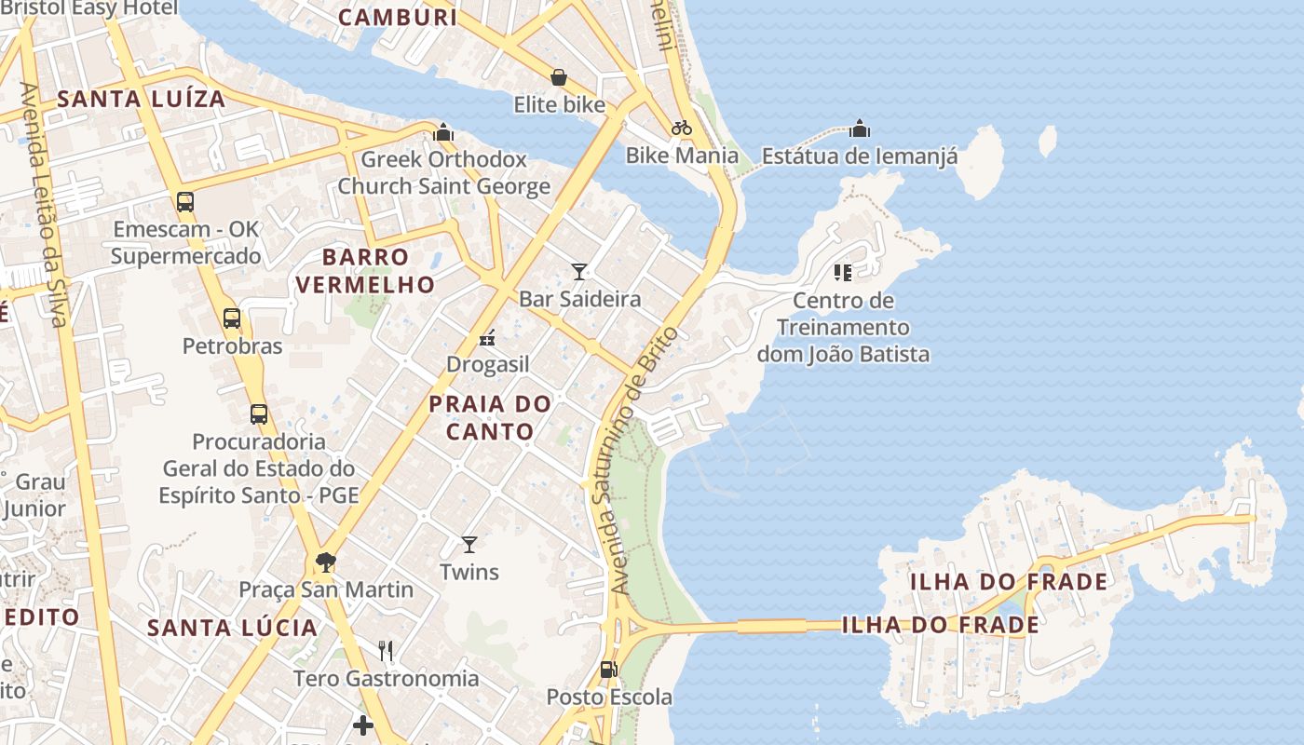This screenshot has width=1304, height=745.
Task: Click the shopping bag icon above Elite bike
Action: coord(559,77)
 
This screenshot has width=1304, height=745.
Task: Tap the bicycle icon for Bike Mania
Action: coord(682,128)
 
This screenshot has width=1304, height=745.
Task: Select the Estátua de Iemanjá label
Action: coord(859,156)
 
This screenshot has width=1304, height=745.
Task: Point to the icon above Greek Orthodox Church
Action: coord(443,132)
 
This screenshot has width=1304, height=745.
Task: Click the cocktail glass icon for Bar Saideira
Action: coord(579,272)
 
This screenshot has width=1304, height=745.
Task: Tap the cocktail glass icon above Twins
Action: coord(469,544)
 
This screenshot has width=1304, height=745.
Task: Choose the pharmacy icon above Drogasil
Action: coord(486,337)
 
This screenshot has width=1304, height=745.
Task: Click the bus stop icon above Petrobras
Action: coord(232,318)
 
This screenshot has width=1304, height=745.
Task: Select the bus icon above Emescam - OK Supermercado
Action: coord(185,201)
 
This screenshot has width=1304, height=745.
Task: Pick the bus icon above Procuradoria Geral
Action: coord(259,413)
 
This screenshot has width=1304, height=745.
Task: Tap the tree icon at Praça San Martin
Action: coord(325,562)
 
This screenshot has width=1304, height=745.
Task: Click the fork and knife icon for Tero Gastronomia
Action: coord(386,650)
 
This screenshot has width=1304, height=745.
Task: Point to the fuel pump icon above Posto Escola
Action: coord(608,669)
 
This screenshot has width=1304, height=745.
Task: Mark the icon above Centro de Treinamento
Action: coord(843,273)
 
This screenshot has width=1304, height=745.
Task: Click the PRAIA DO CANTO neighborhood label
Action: coord(490,417)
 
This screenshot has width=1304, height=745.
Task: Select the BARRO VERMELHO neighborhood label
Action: coord(366,270)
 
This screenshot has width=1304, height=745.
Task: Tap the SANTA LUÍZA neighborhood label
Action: coord(142,99)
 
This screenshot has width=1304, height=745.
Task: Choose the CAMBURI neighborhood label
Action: coord(398,17)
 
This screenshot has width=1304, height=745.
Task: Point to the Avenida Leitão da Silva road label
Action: coord(43,205)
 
